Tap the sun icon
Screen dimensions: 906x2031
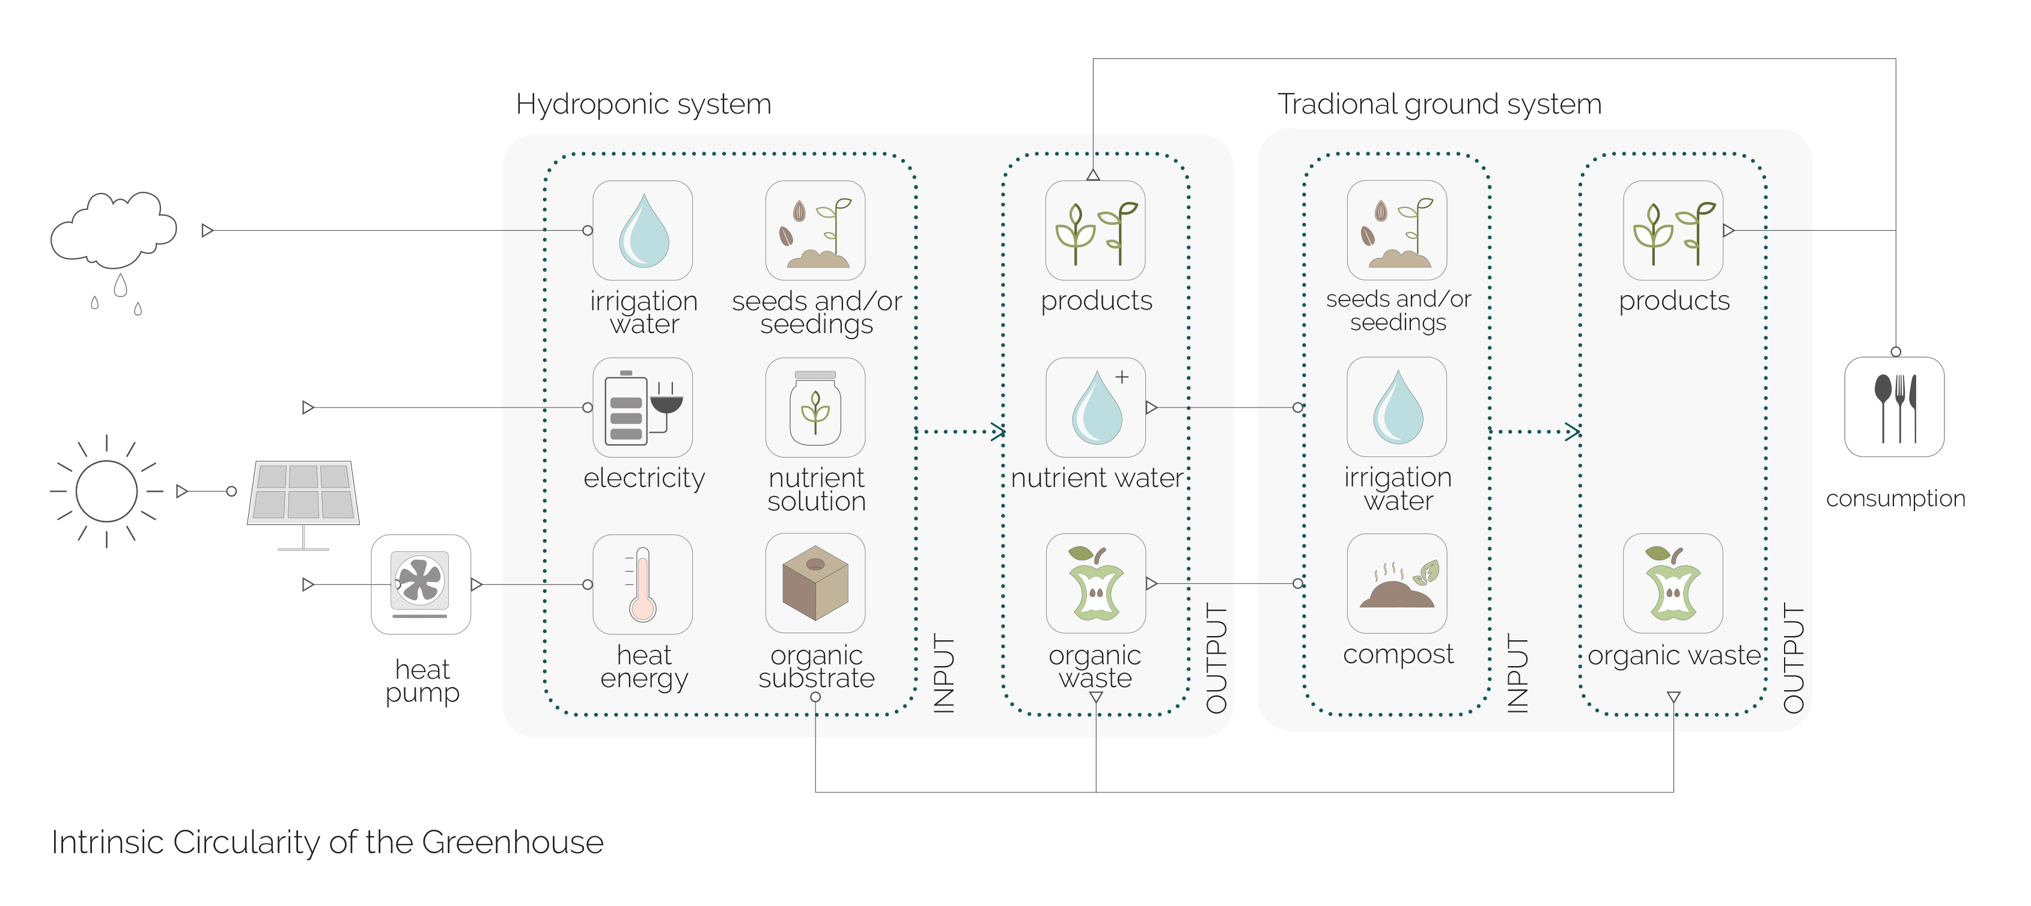click(x=106, y=491)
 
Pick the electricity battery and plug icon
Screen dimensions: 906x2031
click(x=642, y=408)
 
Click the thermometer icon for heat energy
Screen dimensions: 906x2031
click(x=642, y=584)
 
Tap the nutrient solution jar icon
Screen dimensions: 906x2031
click(x=815, y=408)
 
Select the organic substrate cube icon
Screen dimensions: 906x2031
click(x=815, y=584)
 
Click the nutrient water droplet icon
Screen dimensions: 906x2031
click(x=1096, y=408)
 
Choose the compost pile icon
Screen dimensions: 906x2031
click(x=1397, y=584)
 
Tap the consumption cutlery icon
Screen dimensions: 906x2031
click(x=1895, y=408)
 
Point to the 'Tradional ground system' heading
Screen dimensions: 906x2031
click(x=1439, y=104)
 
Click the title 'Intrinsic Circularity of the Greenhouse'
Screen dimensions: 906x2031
click(x=327, y=842)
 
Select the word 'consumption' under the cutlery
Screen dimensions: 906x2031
click(x=1895, y=498)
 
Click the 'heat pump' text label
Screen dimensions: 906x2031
click(x=422, y=681)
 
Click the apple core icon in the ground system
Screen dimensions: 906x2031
click(x=1673, y=584)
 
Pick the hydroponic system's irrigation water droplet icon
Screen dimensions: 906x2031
click(x=642, y=231)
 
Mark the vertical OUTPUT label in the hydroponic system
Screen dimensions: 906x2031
click(x=1217, y=658)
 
